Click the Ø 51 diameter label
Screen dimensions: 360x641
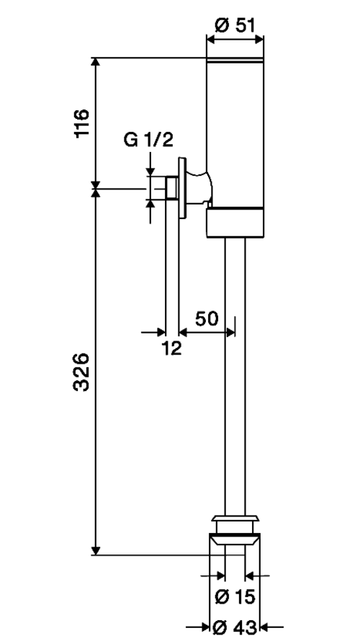click(x=235, y=25)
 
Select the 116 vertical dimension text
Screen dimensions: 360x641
click(x=82, y=123)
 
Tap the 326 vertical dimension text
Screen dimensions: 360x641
click(x=81, y=372)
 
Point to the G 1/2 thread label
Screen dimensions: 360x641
click(x=149, y=140)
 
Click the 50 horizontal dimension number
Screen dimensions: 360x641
click(x=207, y=318)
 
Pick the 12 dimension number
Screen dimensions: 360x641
click(x=171, y=348)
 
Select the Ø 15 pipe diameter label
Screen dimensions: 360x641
click(x=235, y=597)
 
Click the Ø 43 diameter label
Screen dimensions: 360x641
click(x=235, y=627)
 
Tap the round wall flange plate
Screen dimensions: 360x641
click(x=182, y=188)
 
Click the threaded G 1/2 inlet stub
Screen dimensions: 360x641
click(x=171, y=188)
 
